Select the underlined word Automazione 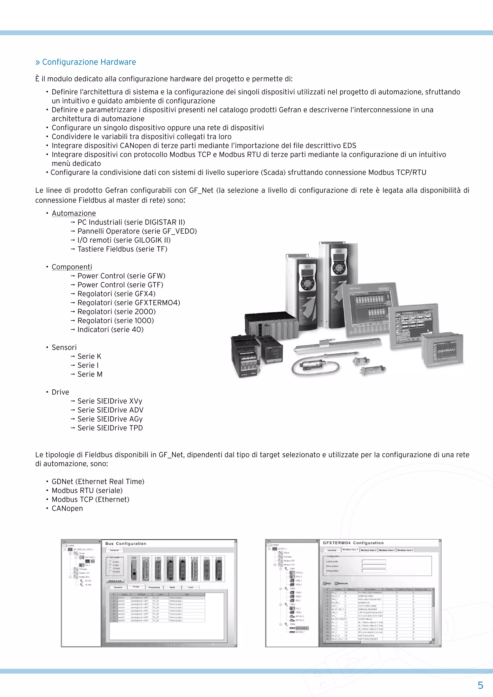(74, 213)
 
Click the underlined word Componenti (72, 267)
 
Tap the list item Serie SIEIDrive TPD (110, 428)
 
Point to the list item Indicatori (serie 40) (110, 329)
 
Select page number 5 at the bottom (480, 685)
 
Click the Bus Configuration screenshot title (126, 543)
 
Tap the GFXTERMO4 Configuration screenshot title (353, 543)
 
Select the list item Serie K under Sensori (89, 356)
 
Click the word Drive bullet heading (60, 392)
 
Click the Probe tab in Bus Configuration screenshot (136, 587)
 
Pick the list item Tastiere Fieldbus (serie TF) (122, 249)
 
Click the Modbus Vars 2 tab (369, 550)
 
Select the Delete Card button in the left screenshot (115, 581)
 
